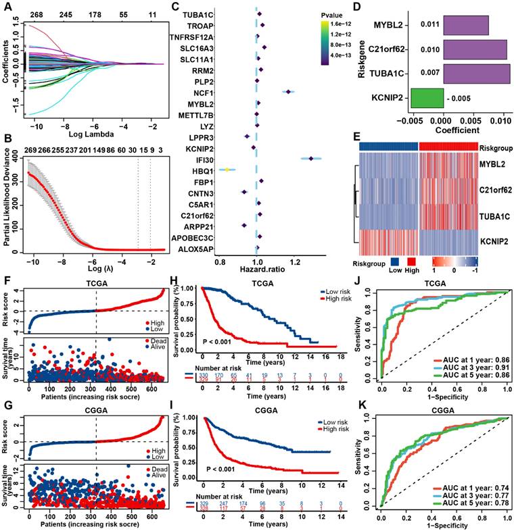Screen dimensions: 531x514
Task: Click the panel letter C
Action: coord(175,7)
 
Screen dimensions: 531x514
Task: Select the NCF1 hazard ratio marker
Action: coord(289,93)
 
